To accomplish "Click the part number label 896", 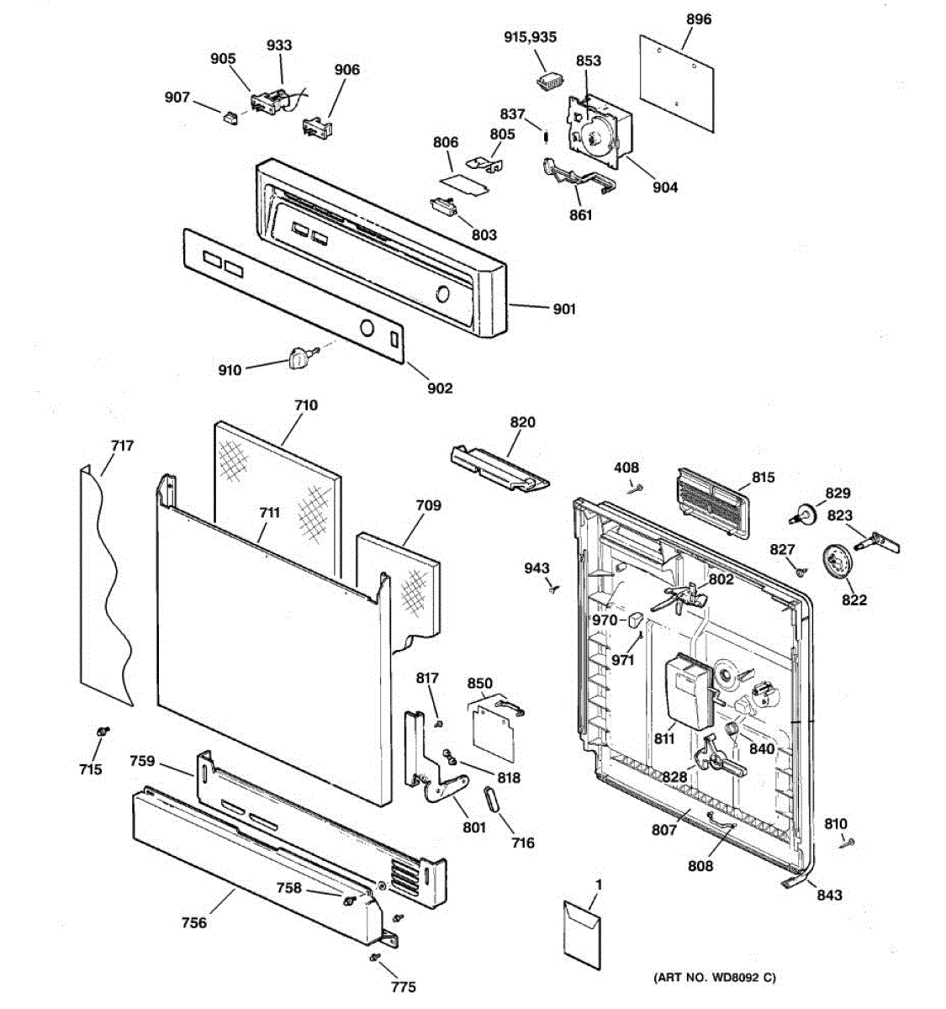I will pyautogui.click(x=698, y=18).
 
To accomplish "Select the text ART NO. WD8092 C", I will pyautogui.click(x=714, y=978).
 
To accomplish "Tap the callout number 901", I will pyautogui.click(x=564, y=309).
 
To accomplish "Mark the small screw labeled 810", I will pyautogui.click(x=846, y=843).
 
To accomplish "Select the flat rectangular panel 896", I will pyautogui.click(x=678, y=82).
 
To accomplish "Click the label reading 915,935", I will pyautogui.click(x=530, y=38).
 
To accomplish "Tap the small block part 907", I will pyautogui.click(x=230, y=117).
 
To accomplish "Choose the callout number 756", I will pyautogui.click(x=193, y=923).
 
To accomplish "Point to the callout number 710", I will pyautogui.click(x=305, y=405).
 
